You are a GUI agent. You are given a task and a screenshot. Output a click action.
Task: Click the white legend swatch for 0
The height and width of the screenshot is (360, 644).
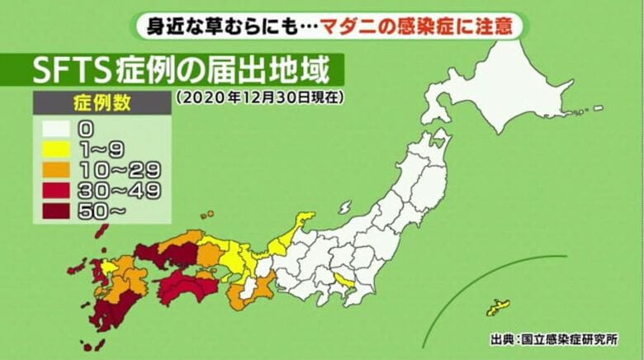[54, 130]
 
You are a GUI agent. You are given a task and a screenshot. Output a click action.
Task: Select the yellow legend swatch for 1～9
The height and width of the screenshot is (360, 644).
[54, 150]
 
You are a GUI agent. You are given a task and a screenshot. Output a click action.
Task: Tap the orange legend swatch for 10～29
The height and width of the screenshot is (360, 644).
[54, 171]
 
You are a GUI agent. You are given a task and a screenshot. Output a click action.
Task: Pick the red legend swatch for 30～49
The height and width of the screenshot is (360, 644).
[54, 191]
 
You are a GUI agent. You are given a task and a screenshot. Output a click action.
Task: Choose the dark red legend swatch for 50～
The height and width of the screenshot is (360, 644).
[54, 211]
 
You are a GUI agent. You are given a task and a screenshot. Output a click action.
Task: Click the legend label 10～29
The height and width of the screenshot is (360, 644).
[119, 171]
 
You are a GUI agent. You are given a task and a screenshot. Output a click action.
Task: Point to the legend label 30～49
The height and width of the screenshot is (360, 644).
[119, 191]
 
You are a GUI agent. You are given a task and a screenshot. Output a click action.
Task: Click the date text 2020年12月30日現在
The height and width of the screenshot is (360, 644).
[259, 97]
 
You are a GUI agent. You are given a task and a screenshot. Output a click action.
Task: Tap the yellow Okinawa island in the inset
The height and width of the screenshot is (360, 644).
[498, 308]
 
